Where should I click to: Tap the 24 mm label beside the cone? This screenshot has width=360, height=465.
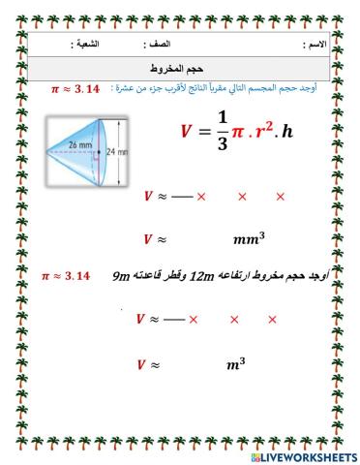[x=116, y=151]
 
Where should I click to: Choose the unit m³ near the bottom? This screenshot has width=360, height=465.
[x=236, y=364]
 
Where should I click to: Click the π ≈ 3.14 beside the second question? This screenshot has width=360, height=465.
[x=66, y=277]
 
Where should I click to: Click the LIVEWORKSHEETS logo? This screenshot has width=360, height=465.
[x=303, y=455]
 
